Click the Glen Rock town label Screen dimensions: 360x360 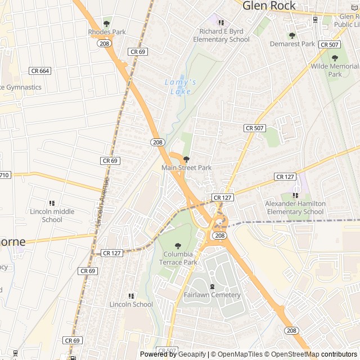coord(268,6)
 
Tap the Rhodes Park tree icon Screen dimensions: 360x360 coord(107,24)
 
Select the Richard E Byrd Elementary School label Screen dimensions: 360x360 coord(221,35)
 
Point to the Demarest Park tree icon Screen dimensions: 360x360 coord(292,35)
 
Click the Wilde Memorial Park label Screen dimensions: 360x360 coord(335,70)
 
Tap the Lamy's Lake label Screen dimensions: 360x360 coord(180,87)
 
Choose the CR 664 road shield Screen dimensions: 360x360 coord(40,71)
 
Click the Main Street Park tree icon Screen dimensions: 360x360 coord(187,160)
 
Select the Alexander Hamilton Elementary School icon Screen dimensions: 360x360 coord(295,195)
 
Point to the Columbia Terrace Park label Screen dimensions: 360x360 coord(178,258)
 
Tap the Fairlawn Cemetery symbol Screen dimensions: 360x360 coord(212,287)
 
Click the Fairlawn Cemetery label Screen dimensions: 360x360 coord(212,295)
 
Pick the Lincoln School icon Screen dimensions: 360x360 coord(131,296)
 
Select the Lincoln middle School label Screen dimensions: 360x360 coord(52,215)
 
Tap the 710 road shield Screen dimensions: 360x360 coord(4,175)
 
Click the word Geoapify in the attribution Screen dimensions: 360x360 coord(192,354)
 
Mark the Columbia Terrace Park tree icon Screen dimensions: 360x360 coord(178,245)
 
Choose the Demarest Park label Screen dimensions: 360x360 coord(292,43)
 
